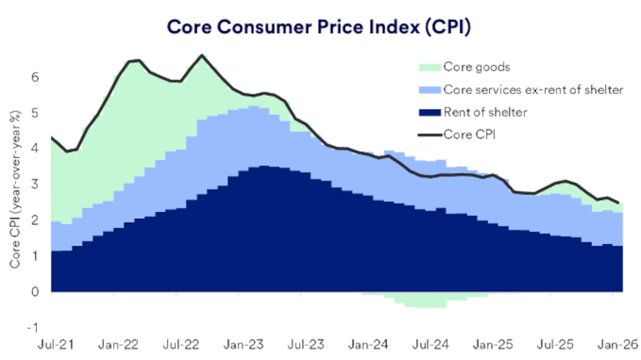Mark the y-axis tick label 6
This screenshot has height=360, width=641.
tap(34, 77)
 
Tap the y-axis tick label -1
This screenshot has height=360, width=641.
tap(32, 328)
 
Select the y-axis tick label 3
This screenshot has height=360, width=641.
tap(34, 185)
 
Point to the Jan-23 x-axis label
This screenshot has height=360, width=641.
tap(246, 344)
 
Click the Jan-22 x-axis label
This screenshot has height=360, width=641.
tap(119, 344)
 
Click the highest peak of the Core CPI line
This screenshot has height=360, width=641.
tap(201, 55)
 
